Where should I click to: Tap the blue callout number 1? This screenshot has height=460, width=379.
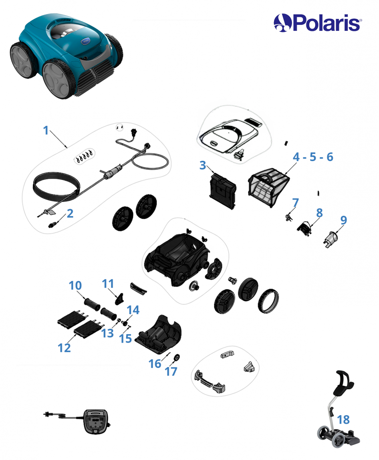(45, 130)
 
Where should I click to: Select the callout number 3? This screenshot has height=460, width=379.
(202, 165)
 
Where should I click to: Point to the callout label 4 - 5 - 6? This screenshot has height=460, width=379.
(313, 157)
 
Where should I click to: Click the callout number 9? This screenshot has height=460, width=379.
(343, 220)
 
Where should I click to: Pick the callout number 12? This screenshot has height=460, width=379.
(64, 348)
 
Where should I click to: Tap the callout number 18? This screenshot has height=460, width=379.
(343, 420)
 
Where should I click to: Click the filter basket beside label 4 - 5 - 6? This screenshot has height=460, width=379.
(268, 187)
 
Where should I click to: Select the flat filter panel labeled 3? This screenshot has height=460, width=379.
(222, 191)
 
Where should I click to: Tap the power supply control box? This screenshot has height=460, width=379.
(95, 422)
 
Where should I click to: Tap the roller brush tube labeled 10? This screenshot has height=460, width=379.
(92, 303)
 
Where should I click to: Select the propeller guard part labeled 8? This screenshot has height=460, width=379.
(304, 228)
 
